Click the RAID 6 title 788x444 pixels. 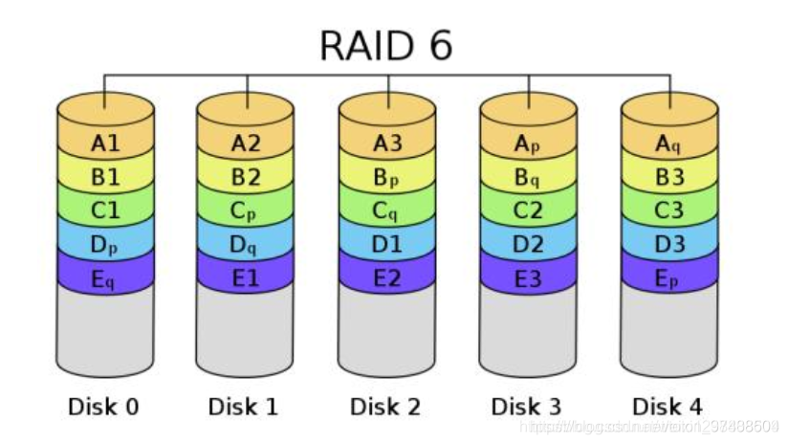[385, 45]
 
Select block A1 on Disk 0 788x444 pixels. [105, 144]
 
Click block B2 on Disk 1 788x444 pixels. [246, 177]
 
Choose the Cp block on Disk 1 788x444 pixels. [246, 211]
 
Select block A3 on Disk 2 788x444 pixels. [387, 144]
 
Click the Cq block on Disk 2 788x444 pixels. [387, 211]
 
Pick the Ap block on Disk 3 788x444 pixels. [528, 144]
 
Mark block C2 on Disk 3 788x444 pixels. [528, 211]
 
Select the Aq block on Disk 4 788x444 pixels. [669, 144]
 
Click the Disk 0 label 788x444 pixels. [104, 407]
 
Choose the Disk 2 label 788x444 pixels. [385, 407]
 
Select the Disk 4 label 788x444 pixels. [668, 407]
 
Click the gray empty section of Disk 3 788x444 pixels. [528, 330]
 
